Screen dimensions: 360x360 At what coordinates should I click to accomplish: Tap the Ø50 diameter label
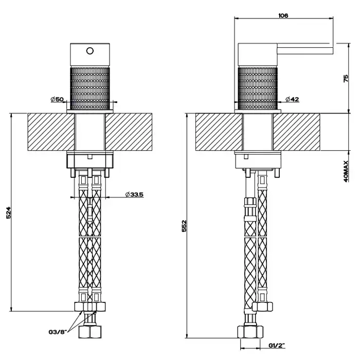tap(57, 99)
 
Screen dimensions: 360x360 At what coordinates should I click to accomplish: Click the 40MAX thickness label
tap(346, 171)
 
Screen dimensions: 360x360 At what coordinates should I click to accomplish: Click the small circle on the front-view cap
tap(90, 51)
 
